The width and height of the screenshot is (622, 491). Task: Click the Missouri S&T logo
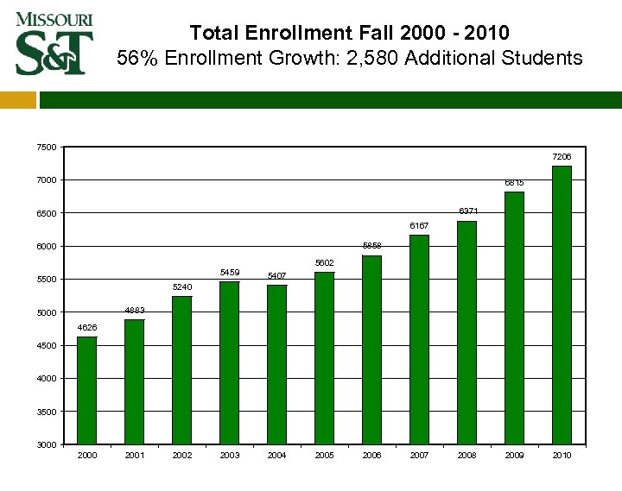[x=54, y=43]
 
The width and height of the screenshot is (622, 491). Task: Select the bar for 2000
[x=86, y=390]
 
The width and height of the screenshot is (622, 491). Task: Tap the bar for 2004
[x=276, y=364]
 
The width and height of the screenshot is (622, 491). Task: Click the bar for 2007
[x=419, y=339]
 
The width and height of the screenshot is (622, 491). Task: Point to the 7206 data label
[x=562, y=157]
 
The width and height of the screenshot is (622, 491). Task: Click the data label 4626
[x=86, y=328]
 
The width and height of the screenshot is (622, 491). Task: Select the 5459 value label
[x=230, y=273]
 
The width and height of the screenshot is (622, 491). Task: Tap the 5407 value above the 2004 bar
[x=276, y=276]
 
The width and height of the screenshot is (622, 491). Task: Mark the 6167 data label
[x=419, y=226]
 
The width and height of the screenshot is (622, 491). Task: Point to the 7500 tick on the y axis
[x=47, y=148]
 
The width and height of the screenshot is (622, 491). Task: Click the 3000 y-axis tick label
[x=47, y=445]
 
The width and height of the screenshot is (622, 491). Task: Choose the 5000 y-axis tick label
[x=47, y=313]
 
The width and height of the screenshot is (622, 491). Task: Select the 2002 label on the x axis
[x=182, y=455]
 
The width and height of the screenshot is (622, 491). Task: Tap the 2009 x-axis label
[x=514, y=455]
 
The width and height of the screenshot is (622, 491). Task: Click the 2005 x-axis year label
[x=325, y=455]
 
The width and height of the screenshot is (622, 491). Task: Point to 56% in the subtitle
[x=135, y=59]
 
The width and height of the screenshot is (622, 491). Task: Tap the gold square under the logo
[x=18, y=101]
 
